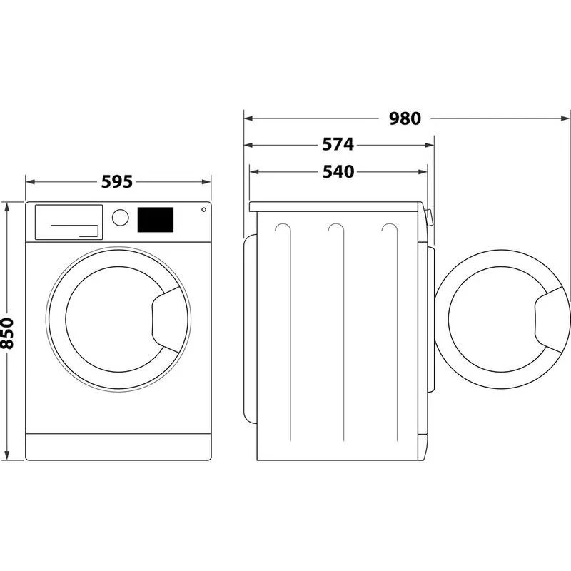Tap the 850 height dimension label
[x=8, y=333]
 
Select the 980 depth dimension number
[x=405, y=118]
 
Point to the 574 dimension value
[x=338, y=145]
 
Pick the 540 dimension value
[x=338, y=171]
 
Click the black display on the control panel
[x=155, y=219]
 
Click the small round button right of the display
[x=203, y=211]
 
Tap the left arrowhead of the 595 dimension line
[x=29, y=182]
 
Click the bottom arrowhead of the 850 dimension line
[x=7, y=457]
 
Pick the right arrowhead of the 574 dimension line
[x=430, y=145]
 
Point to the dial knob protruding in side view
[x=429, y=217]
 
